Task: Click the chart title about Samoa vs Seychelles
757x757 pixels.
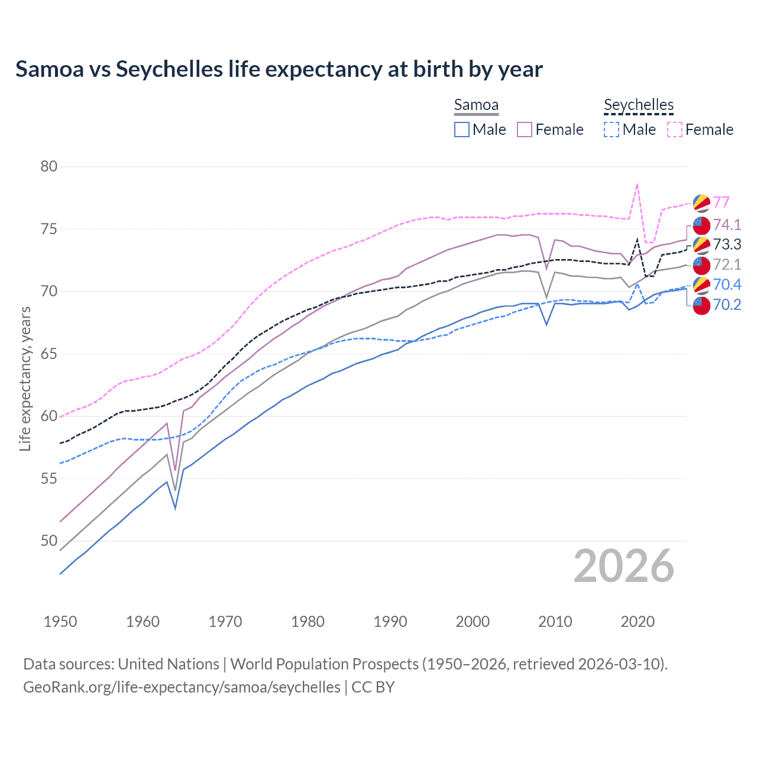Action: coord(279,69)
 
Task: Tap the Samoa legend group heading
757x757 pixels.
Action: coord(476,105)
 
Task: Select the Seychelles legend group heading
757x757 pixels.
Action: coord(638,105)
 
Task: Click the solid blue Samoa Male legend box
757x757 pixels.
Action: coord(462,130)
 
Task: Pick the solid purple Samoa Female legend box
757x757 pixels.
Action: coord(525,130)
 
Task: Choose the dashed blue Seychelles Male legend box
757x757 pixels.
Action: coord(612,130)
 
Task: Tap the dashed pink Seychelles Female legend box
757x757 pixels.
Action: coord(675,130)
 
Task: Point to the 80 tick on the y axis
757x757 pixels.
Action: coord(49,166)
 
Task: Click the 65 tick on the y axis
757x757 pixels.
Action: coord(49,354)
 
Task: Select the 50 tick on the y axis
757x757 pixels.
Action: coord(49,541)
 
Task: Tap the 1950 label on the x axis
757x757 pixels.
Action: coord(60,622)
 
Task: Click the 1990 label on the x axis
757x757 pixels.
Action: coord(390,622)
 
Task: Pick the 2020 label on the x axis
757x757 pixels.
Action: coord(638,622)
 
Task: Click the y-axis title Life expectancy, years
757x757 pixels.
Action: coord(25,378)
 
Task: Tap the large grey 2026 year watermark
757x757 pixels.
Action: coord(623,566)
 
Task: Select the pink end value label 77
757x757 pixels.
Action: coord(721,202)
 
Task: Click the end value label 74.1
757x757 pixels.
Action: coord(727,225)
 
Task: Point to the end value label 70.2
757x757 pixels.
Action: coord(727,305)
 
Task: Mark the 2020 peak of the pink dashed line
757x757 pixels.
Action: coord(637,185)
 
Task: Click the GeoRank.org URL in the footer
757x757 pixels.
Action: coord(182,687)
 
